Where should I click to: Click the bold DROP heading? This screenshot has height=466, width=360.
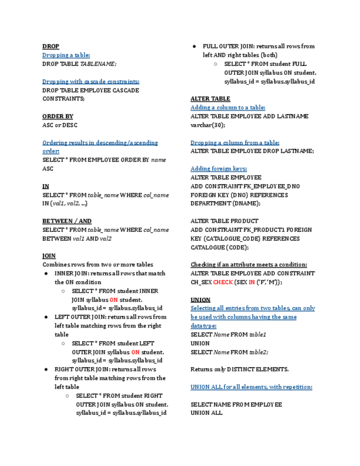pyautogui.click(x=51, y=47)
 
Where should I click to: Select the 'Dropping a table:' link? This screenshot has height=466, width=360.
pyautogui.click(x=66, y=56)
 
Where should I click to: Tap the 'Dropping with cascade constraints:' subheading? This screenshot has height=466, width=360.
pyautogui.click(x=91, y=82)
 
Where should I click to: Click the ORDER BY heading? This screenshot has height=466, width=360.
pyautogui.click(x=58, y=116)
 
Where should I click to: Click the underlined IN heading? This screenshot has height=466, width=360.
pyautogui.click(x=46, y=187)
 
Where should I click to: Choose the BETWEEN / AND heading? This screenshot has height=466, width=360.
pyautogui.click(x=67, y=221)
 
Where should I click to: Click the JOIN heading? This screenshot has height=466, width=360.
pyautogui.click(x=49, y=256)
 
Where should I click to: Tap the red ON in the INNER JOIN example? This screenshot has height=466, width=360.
pyautogui.click(x=113, y=300)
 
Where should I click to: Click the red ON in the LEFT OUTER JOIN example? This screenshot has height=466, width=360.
pyautogui.click(x=135, y=352)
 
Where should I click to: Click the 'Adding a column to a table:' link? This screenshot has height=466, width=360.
pyautogui.click(x=228, y=108)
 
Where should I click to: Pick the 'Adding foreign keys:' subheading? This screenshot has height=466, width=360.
pyautogui.click(x=219, y=169)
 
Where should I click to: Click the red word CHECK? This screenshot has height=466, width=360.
pyautogui.click(x=223, y=282)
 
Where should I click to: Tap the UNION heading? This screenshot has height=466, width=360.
pyautogui.click(x=200, y=300)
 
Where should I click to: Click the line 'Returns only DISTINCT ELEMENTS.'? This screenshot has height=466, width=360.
pyautogui.click(x=240, y=369)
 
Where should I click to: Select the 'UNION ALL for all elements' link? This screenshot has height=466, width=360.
pyautogui.click(x=251, y=387)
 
